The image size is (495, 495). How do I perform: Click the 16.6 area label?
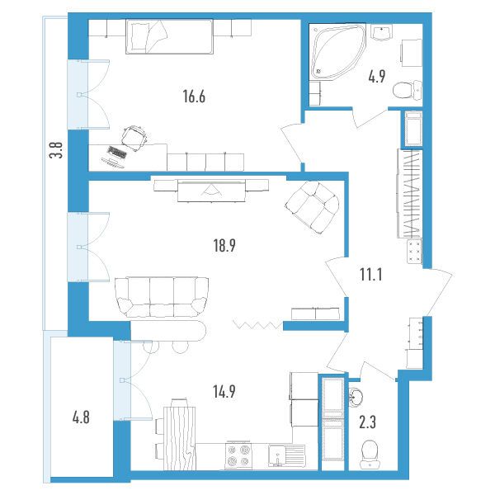tap(194, 97)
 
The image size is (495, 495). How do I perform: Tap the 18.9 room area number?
tap(224, 245)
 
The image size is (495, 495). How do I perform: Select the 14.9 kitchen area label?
tap(224, 392)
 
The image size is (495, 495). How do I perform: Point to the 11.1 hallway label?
tap(371, 274)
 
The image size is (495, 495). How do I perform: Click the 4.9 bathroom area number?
tap(377, 76)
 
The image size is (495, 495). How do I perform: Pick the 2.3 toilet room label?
tap(367, 422)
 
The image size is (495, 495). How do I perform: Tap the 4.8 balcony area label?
tap(81, 417)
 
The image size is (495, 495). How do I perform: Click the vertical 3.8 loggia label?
tap(56, 150)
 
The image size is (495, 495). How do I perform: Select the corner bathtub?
tap(337, 51)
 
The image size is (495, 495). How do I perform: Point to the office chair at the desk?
tap(134, 138)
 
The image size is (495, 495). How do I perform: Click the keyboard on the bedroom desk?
tap(117, 152)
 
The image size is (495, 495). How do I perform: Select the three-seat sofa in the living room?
tap(162, 297)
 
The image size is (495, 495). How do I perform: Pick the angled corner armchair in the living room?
tap(312, 207)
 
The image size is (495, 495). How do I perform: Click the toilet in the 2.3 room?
tap(370, 454)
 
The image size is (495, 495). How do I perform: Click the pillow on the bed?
tap(139, 36)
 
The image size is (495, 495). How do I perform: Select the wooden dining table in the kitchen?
tap(179, 438)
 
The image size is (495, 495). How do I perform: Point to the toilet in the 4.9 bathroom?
tap(408, 89)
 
